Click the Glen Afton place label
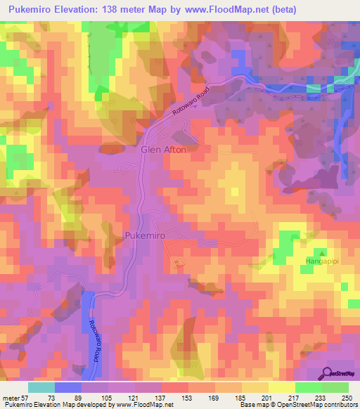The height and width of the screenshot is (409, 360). (163, 150)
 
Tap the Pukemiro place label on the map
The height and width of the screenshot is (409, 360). (145, 236)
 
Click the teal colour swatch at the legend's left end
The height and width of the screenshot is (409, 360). (41, 387)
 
